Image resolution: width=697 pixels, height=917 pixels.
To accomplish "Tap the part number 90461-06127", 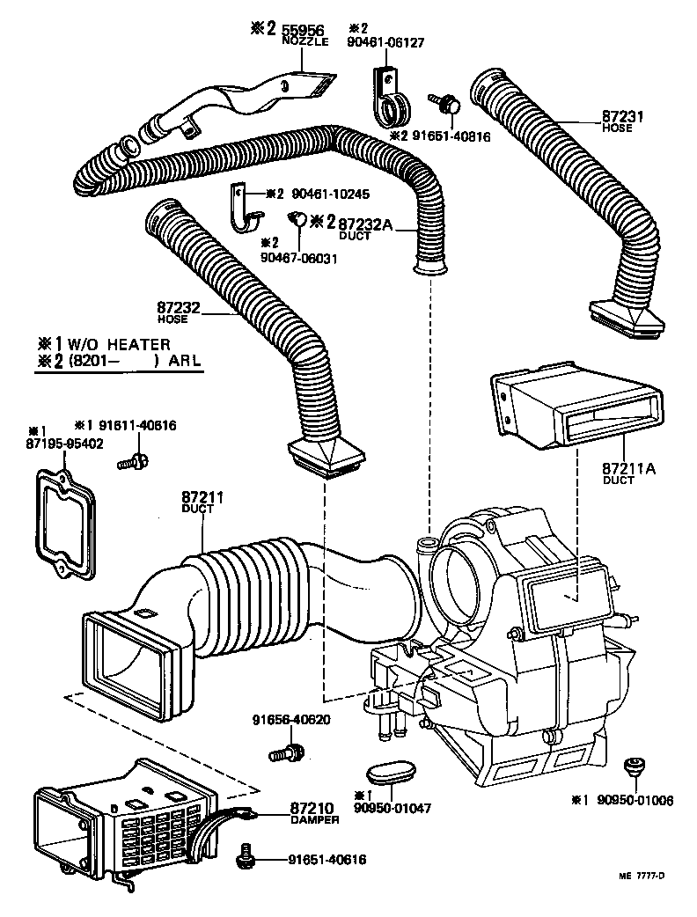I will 386,39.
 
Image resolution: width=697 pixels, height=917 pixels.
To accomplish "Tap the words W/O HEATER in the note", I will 119,344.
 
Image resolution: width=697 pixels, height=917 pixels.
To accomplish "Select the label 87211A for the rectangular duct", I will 629,469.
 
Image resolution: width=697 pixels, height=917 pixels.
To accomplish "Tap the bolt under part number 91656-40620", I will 285,753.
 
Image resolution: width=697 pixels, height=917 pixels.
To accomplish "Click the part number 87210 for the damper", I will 312,807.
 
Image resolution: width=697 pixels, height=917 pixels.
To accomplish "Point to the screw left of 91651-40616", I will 247,857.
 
